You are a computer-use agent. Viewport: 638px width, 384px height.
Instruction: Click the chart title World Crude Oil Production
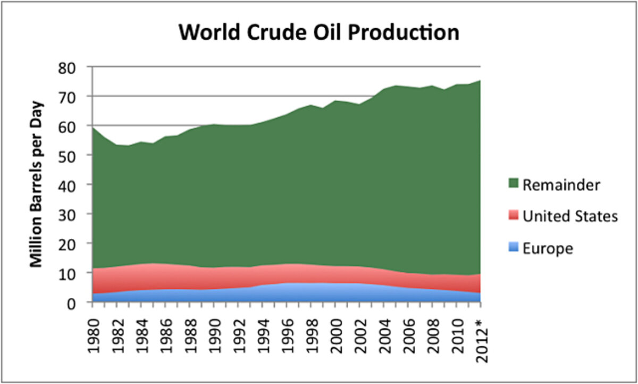coord(318,33)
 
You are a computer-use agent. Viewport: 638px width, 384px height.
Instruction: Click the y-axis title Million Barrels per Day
coord(36,183)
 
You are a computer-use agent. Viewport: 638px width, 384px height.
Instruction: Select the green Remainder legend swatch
coord(513,185)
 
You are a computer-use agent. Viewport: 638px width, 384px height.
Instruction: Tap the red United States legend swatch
coord(513,216)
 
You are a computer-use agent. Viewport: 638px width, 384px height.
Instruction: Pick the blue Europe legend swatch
coord(513,248)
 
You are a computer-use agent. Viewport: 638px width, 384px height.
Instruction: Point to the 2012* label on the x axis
coord(480,332)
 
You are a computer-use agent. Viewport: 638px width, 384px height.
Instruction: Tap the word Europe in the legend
coord(548,248)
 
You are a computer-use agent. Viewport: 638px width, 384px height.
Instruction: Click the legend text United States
coord(570,216)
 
